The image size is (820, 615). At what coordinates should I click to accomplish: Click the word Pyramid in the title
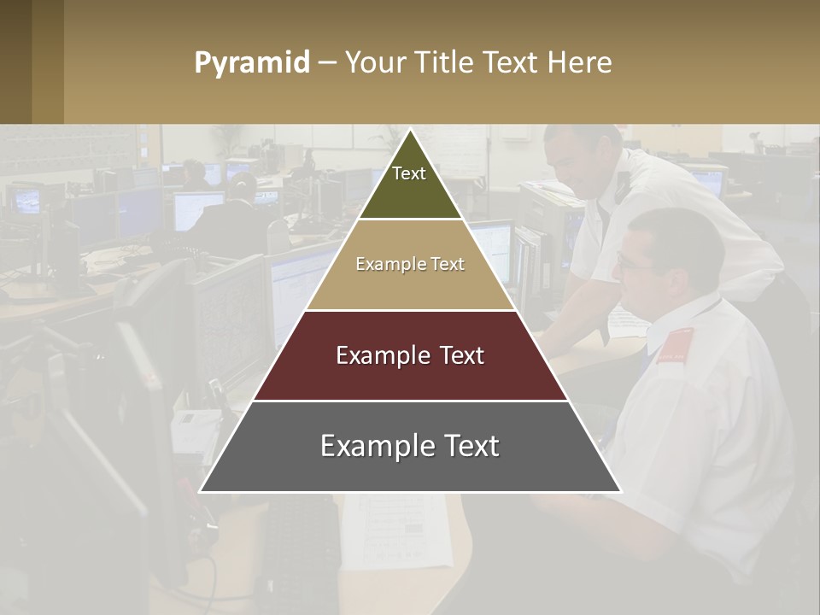(x=251, y=63)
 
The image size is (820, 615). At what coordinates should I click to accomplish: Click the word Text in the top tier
(x=409, y=173)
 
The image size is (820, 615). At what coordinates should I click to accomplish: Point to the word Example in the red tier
(x=381, y=355)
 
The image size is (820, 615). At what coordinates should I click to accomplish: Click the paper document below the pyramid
(x=397, y=530)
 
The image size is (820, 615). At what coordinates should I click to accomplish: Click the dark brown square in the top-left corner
(x=15, y=61)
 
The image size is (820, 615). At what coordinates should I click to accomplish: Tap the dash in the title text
(x=327, y=63)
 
